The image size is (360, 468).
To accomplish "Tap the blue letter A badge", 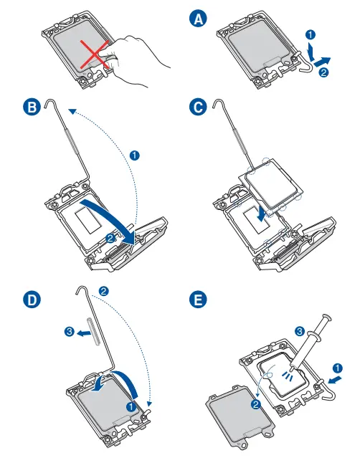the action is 198,19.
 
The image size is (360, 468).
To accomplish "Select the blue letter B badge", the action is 32,108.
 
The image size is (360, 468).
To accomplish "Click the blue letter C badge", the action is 198,108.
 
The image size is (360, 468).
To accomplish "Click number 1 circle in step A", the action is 311,35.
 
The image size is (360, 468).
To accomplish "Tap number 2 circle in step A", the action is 324,72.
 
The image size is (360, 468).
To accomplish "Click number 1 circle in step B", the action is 134,156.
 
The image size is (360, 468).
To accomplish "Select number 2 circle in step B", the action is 110,238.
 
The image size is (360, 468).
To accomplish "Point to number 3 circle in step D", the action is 70,331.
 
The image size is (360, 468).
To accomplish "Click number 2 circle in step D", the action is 104,291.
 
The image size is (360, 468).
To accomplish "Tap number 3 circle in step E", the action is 300,331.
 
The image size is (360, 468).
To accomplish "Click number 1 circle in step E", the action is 338,368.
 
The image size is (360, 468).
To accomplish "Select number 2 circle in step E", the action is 256,405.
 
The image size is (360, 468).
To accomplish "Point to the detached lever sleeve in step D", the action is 93,332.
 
